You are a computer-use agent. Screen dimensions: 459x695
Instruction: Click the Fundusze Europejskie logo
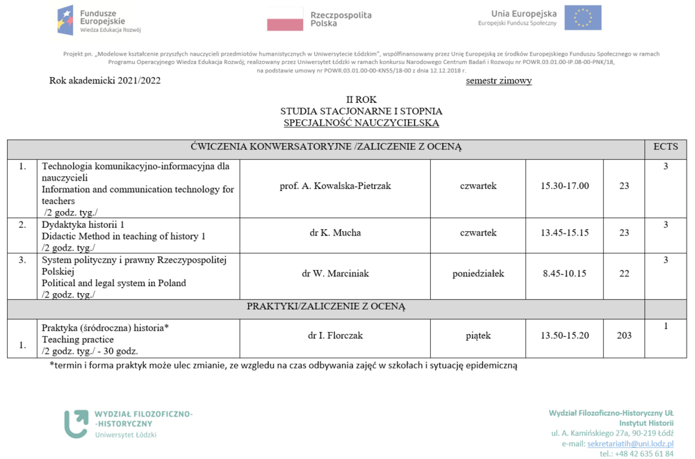point(99,20)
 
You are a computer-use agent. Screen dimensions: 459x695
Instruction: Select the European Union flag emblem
point(582,17)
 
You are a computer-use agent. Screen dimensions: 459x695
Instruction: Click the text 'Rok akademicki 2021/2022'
point(105,81)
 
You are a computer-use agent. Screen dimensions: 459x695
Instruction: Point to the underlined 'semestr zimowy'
point(499,81)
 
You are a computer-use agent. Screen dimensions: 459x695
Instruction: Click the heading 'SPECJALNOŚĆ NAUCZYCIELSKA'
point(361,123)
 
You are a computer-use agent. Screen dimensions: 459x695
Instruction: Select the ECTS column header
point(666,147)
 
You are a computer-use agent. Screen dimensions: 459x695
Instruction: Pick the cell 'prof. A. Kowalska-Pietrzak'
point(335,186)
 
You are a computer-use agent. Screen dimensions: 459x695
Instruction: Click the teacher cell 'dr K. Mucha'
point(335,233)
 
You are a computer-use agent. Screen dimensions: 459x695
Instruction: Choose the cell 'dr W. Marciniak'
point(335,274)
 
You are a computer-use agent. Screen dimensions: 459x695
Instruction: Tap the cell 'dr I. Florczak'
point(335,335)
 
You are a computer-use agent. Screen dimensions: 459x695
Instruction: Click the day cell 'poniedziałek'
point(478,274)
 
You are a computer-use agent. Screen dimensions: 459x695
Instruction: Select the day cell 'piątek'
point(478,335)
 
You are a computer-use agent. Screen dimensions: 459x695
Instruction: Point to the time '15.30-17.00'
point(564,186)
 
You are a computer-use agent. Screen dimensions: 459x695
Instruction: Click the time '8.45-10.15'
point(564,274)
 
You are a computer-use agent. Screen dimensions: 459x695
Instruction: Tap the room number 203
point(624,335)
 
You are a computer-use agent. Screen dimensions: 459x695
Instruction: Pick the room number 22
point(624,274)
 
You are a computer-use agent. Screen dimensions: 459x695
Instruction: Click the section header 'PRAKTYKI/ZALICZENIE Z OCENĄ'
point(326,306)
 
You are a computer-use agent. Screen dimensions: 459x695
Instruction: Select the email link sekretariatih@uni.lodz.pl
point(630,443)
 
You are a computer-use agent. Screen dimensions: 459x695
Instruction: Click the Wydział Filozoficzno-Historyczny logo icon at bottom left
point(76,424)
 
